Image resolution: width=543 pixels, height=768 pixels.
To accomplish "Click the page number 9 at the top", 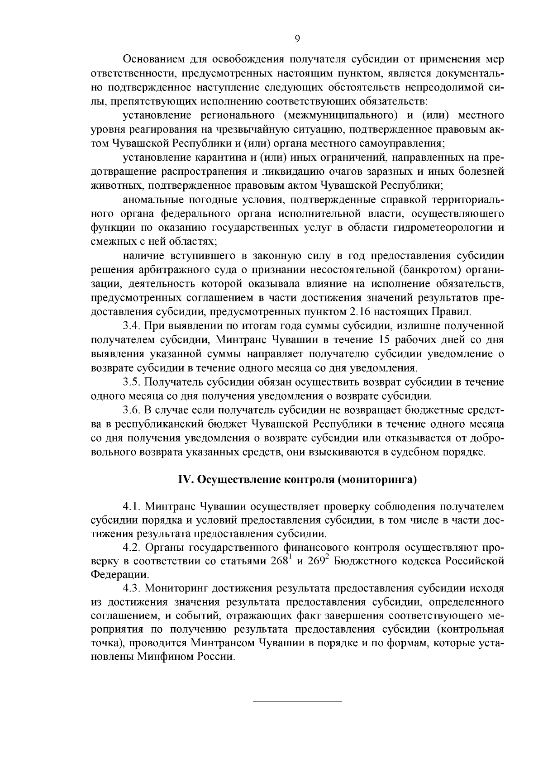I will click(x=297, y=39).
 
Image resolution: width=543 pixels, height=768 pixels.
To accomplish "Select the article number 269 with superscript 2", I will click(x=317, y=562).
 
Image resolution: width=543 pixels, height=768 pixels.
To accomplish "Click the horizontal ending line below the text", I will click(x=297, y=701).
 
